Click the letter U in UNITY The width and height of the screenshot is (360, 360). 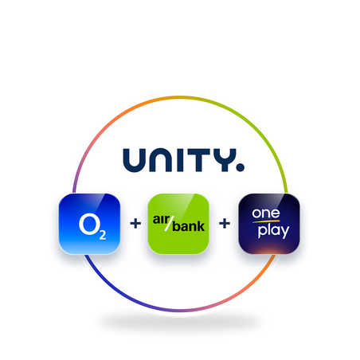[x=135, y=160]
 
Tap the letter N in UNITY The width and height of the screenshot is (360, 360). [x=161, y=160]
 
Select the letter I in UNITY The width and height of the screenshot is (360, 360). [x=180, y=160]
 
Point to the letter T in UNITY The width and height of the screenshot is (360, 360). [x=199, y=160]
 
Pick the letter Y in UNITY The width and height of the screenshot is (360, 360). [x=225, y=160]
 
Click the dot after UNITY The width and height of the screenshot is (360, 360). [x=241, y=167]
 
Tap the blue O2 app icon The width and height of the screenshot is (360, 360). [x=89, y=224]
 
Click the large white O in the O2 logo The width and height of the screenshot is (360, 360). [x=88, y=225]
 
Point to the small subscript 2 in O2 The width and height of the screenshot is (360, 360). [x=103, y=235]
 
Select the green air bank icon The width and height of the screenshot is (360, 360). [x=178, y=224]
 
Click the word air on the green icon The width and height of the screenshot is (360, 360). [x=161, y=219]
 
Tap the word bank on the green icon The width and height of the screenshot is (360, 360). [x=189, y=226]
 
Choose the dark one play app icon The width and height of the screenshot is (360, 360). [x=269, y=224]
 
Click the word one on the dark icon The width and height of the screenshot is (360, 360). [x=266, y=213]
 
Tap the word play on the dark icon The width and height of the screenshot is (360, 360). [x=273, y=231]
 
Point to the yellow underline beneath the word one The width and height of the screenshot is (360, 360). [x=266, y=221]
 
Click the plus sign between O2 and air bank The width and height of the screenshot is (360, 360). [x=135, y=223]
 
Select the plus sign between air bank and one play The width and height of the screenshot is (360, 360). [x=225, y=223]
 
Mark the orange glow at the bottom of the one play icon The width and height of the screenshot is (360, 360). [x=268, y=250]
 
